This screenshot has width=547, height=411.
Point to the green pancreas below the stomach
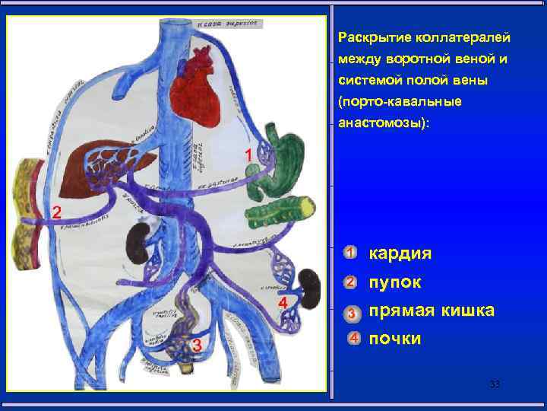277,209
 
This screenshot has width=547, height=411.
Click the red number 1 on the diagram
248,155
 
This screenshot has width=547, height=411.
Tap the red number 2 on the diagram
55,212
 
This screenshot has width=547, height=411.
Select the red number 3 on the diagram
197,346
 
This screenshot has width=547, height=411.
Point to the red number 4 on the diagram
283,304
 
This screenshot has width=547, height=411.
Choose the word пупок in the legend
395,282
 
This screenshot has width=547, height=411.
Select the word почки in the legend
394,339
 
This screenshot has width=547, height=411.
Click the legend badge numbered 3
350,312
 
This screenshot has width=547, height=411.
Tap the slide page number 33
495,384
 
